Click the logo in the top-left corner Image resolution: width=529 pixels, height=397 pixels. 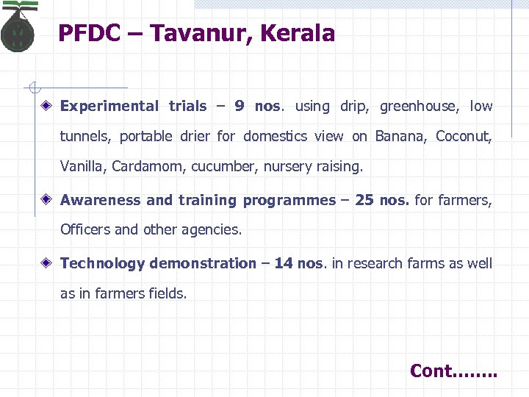(x=18, y=27)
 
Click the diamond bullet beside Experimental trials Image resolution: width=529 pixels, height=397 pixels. (x=46, y=106)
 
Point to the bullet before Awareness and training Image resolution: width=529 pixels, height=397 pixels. (x=46, y=200)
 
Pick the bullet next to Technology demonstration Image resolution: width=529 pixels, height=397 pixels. (x=46, y=263)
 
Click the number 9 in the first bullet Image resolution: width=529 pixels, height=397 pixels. (x=240, y=106)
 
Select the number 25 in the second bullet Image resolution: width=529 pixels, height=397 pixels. (x=364, y=200)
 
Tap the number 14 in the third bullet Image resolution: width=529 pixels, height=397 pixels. (x=284, y=263)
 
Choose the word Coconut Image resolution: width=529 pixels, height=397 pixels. (x=464, y=136)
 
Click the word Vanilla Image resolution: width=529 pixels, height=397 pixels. (x=84, y=166)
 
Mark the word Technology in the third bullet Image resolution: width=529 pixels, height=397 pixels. (x=103, y=263)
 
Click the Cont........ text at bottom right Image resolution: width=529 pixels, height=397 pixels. (x=453, y=371)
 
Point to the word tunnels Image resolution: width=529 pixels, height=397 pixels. (x=86, y=136)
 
